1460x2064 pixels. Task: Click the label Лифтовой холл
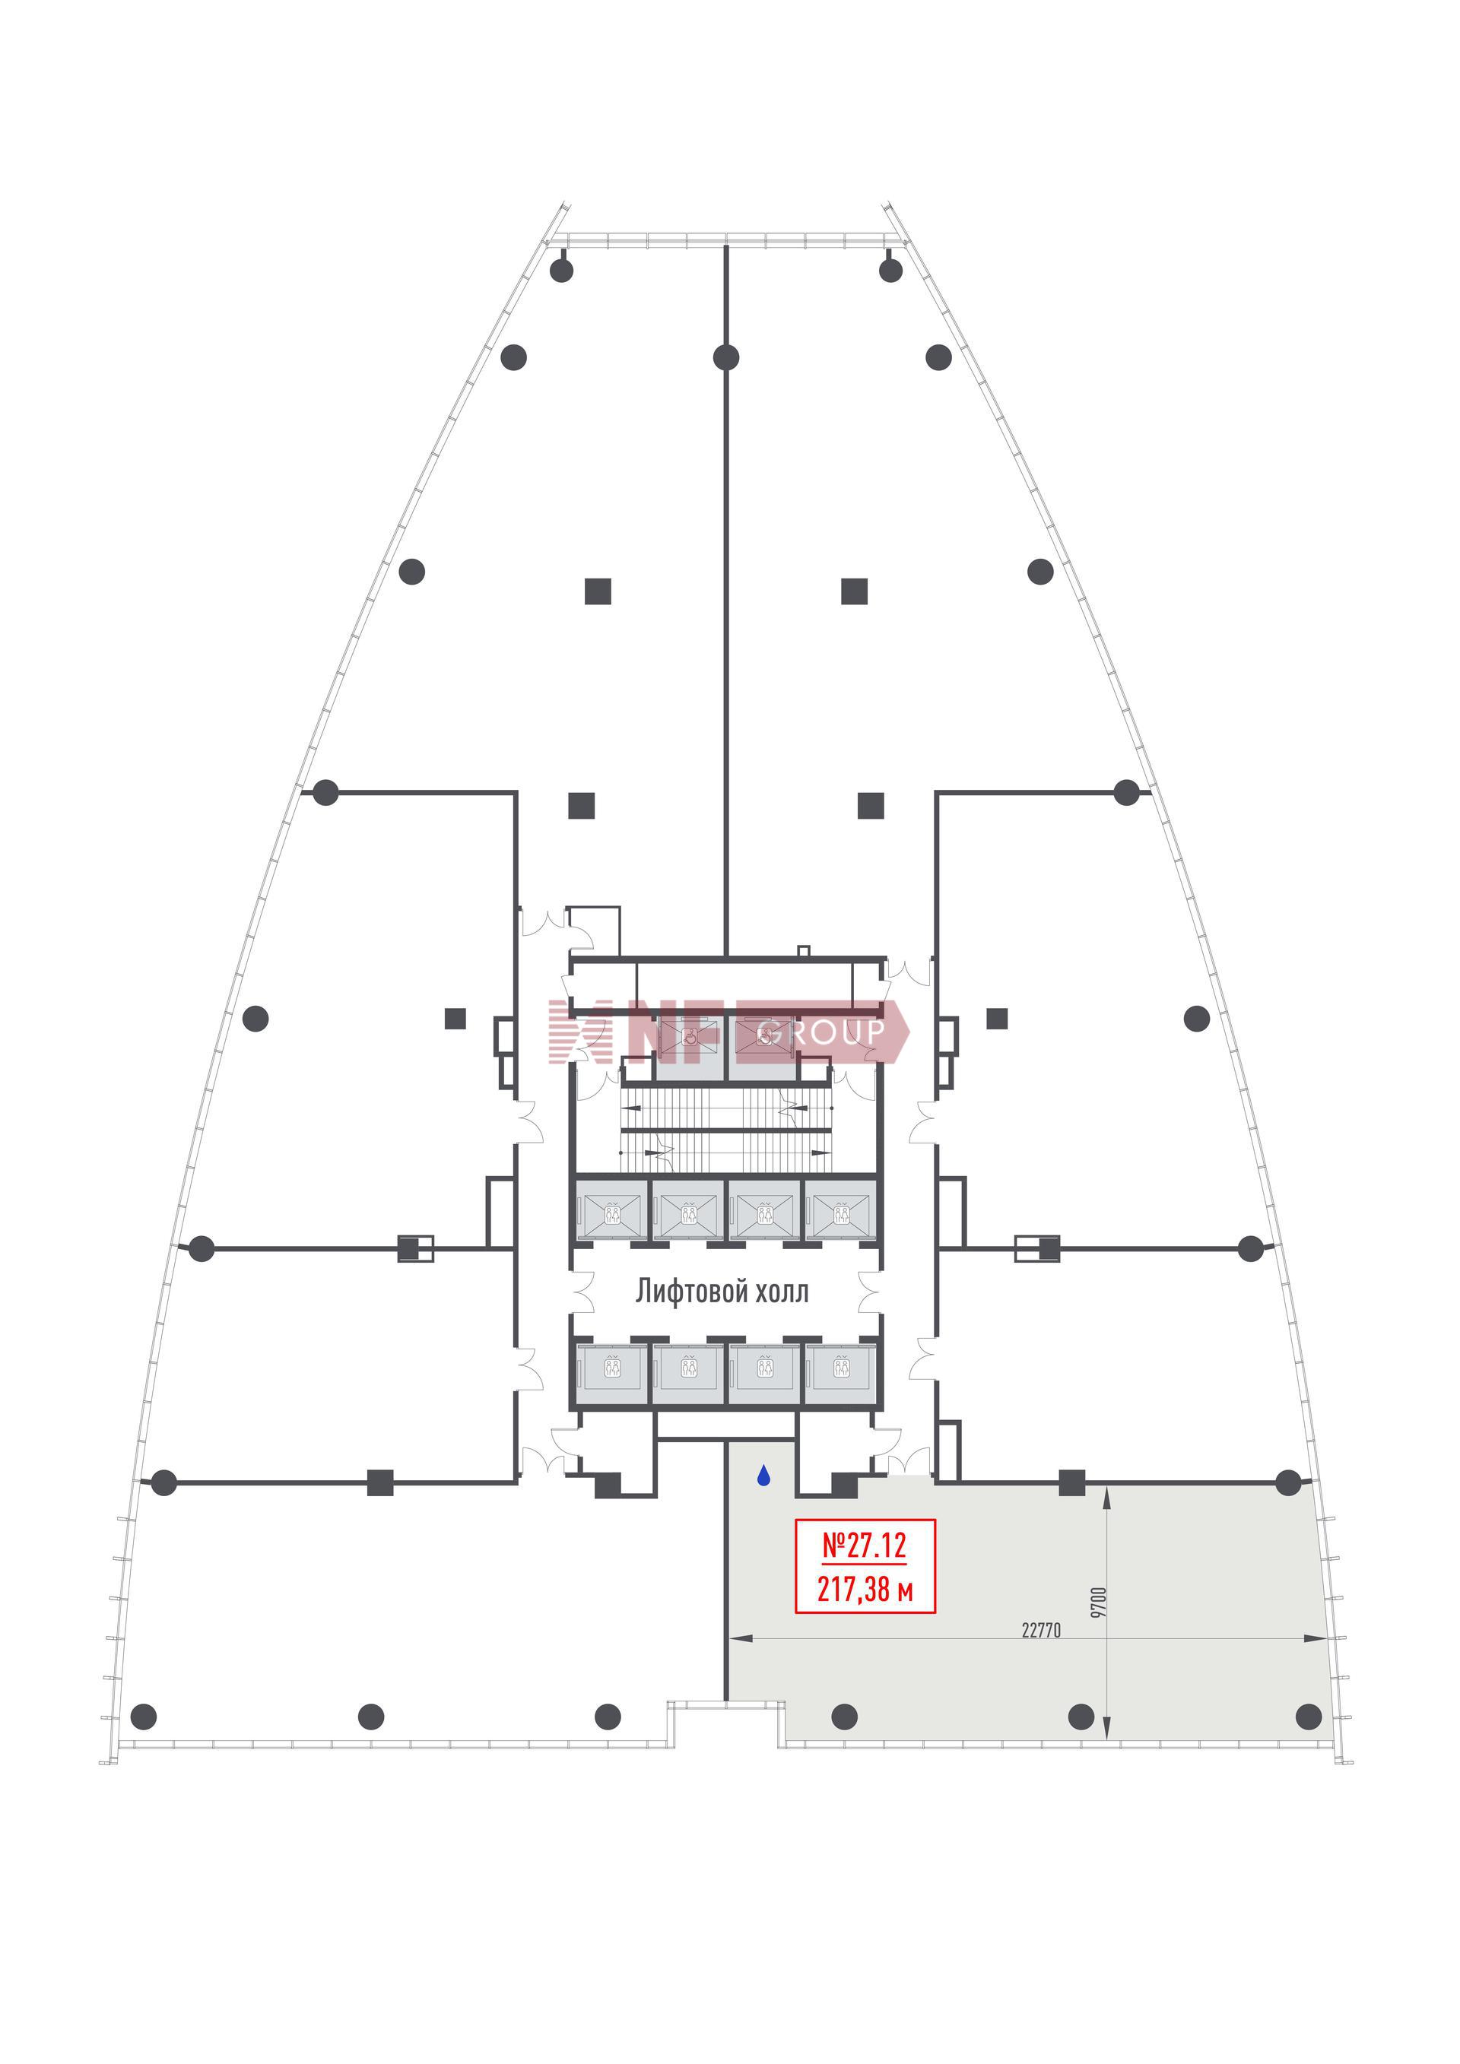[722, 1292]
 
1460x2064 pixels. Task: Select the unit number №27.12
[865, 1546]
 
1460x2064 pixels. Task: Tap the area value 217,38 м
[865, 1590]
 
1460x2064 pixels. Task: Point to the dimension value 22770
[1041, 1630]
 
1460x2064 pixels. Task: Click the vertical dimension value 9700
[1098, 1603]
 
